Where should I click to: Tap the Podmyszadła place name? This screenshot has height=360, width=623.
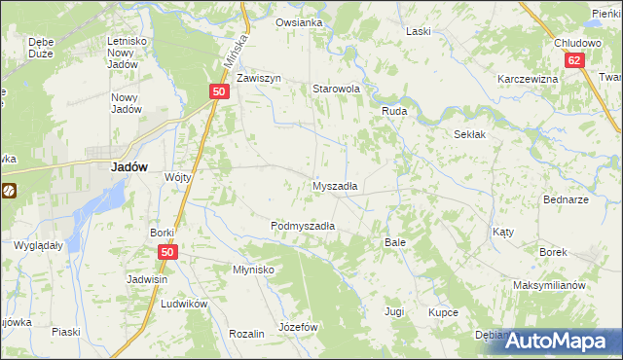coord(303,225)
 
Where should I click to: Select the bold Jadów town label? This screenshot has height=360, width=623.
coord(129,166)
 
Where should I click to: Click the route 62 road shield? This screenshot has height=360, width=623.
coord(575,60)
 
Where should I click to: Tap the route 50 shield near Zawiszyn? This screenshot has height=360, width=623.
coord(219,91)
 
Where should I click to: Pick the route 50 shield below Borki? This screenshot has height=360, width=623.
coord(166,252)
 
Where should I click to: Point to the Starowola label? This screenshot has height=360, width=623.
coord(336,89)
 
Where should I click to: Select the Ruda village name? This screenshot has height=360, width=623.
coord(393,112)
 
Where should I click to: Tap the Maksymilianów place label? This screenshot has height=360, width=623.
coord(549,285)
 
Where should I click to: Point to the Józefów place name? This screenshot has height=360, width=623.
coord(299,327)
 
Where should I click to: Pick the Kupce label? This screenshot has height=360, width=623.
coord(443,312)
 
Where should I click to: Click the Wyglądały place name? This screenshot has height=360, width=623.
coord(39,245)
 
